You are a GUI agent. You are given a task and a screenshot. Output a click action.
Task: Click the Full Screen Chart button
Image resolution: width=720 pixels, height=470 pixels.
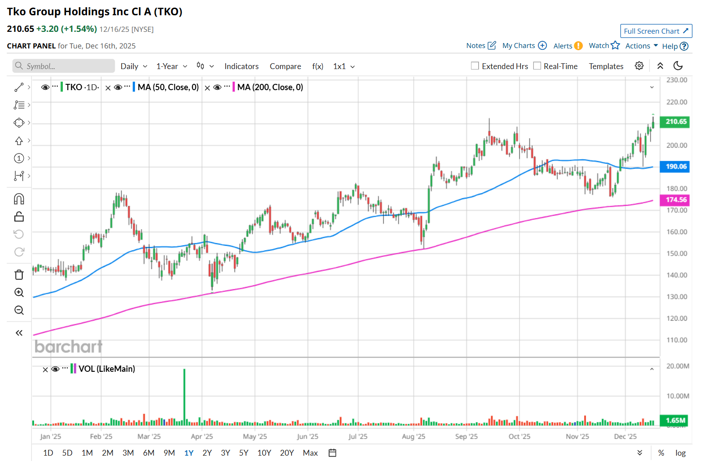point(656,31)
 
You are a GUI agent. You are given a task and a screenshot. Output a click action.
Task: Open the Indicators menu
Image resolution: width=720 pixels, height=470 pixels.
point(241,66)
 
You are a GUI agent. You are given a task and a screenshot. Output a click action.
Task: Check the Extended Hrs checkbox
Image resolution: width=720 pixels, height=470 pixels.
point(475,66)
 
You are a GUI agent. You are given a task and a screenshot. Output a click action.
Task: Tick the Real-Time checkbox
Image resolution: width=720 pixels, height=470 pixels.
point(537,66)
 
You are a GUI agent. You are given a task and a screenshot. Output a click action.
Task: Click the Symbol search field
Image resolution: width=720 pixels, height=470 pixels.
point(64,66)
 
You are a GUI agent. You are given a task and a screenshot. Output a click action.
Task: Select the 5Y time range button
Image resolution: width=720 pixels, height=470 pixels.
point(244,453)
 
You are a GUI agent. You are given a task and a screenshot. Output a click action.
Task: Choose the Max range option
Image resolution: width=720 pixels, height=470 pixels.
point(310,453)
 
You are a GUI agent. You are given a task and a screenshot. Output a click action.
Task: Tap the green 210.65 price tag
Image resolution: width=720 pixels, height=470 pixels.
point(676,122)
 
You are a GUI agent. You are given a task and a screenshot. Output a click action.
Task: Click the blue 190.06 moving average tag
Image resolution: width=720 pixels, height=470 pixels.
point(676,166)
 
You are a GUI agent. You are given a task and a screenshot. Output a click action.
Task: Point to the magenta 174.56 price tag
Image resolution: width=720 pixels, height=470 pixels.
point(676,200)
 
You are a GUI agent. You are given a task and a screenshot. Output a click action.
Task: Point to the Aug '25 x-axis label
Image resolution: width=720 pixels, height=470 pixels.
point(413,436)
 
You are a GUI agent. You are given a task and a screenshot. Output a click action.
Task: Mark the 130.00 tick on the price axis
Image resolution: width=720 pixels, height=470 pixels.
point(676,297)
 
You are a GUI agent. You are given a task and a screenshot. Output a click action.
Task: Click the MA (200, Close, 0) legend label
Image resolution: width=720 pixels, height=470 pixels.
point(270,87)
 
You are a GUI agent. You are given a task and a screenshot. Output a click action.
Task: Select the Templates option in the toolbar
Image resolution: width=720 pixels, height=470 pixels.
point(606,66)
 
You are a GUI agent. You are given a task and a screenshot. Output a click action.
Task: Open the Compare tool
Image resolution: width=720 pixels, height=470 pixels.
point(285,66)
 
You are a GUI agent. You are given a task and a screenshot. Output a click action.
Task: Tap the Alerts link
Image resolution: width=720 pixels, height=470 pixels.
point(567,46)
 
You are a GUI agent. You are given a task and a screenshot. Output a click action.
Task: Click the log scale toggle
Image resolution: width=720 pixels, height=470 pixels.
point(680,453)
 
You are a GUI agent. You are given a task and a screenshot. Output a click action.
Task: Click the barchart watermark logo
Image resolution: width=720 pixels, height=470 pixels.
point(69,347)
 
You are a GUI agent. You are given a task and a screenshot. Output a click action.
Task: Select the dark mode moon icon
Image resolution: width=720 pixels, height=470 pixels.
point(678,66)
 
